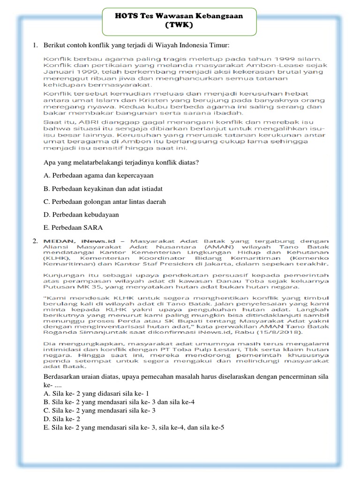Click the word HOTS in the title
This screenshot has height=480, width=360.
tap(125, 16)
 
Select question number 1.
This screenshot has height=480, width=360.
tap(35, 45)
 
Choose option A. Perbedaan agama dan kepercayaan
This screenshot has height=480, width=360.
tap(98, 175)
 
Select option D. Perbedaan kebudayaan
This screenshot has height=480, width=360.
tap(81, 214)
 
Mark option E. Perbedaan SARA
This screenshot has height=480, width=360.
tap(72, 227)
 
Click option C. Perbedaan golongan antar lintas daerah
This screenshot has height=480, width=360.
tap(104, 201)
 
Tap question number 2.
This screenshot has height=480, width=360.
tap(35, 241)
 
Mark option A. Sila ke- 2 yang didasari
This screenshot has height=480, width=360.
tap(96, 393)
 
